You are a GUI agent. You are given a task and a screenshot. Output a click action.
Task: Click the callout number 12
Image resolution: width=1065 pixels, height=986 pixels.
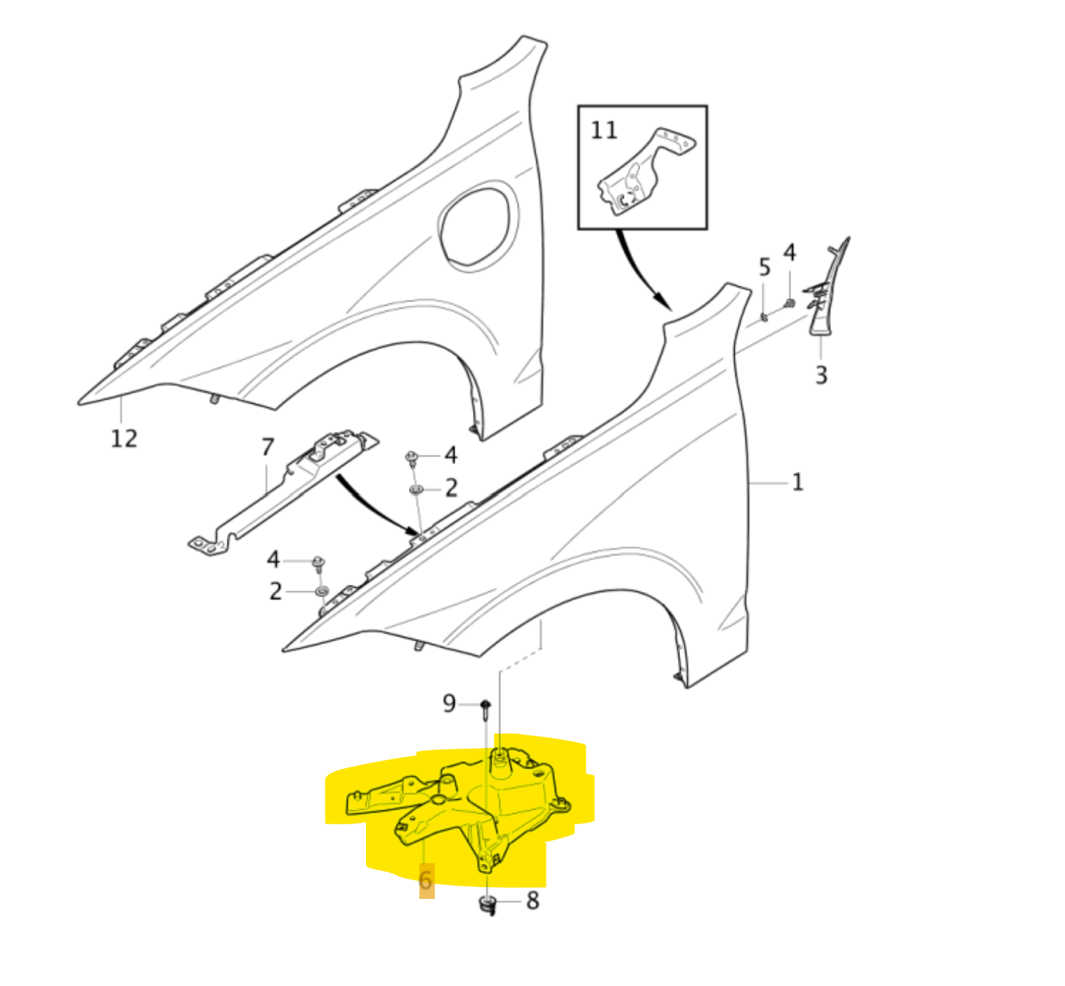click(x=124, y=438)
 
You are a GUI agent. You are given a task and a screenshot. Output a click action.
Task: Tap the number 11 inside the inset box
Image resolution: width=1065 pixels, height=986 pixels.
click(x=603, y=130)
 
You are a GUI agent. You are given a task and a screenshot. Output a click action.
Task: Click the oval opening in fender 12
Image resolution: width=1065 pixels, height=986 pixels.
click(x=478, y=225)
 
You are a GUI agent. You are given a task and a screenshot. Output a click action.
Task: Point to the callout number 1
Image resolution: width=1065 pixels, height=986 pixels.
click(x=797, y=482)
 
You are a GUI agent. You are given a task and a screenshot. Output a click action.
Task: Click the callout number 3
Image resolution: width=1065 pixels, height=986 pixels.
click(x=821, y=375)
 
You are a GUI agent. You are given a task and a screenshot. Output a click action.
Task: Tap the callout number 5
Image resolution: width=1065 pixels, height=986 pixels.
click(x=764, y=267)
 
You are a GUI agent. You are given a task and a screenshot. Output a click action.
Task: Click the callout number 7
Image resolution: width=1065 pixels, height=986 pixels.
click(x=267, y=447)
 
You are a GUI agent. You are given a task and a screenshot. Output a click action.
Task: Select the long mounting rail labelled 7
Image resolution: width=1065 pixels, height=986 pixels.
click(x=281, y=492)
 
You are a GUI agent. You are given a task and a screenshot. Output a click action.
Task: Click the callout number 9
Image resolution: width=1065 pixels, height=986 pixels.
click(x=449, y=703)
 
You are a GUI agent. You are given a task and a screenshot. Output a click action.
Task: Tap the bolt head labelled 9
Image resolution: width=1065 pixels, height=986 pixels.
click(x=485, y=704)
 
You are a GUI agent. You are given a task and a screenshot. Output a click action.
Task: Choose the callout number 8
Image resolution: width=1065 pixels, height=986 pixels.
click(x=532, y=900)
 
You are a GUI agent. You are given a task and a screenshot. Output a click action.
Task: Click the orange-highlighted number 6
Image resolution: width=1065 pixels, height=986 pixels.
click(x=426, y=881)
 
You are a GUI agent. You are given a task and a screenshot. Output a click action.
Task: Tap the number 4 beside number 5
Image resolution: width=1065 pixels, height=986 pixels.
click(x=790, y=253)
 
